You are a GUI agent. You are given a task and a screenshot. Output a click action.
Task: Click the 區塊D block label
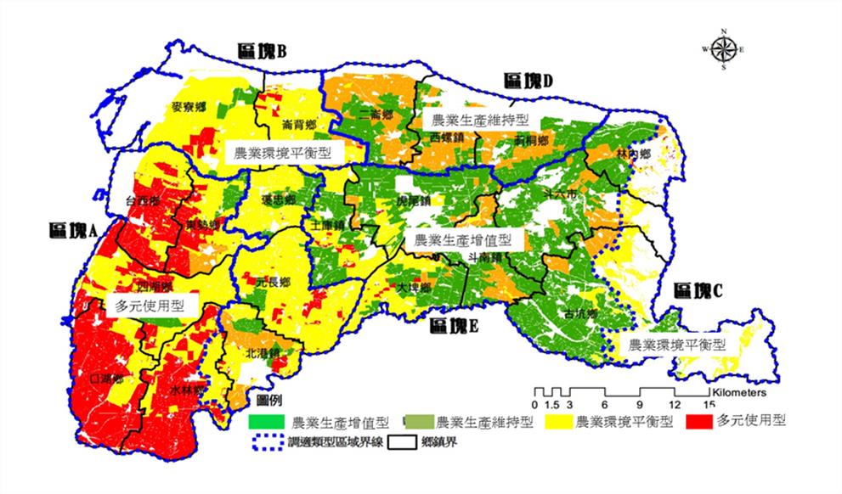[528, 81]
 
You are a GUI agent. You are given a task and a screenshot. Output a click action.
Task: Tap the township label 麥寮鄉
[188, 107]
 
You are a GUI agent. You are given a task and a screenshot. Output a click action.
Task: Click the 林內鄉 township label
[633, 154]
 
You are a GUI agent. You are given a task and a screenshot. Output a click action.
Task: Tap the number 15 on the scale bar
[707, 404]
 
